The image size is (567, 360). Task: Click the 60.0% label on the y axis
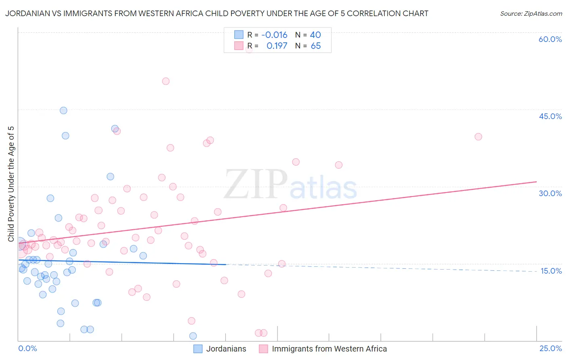(x=550, y=39)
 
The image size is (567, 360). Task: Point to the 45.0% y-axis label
(x=550, y=116)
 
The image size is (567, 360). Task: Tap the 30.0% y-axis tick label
(x=550, y=193)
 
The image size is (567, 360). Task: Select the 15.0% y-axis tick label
(x=551, y=271)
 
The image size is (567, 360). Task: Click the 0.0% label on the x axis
(x=27, y=348)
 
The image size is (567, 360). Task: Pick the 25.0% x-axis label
(x=550, y=348)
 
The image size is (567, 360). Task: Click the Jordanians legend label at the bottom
(x=226, y=349)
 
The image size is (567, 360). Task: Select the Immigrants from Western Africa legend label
(x=329, y=349)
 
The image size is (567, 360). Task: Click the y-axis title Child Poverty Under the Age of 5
(x=11, y=184)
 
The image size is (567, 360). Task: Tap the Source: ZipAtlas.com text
(x=531, y=14)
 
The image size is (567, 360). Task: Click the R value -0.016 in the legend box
(x=274, y=35)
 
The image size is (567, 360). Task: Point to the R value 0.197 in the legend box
(x=277, y=46)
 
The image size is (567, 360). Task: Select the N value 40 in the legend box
(x=315, y=35)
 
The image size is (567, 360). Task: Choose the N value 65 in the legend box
(x=315, y=46)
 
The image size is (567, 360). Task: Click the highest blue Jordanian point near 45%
(x=63, y=111)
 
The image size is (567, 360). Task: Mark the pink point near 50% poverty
(x=165, y=81)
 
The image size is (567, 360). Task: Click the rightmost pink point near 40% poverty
(x=478, y=136)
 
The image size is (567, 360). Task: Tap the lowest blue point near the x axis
(x=193, y=336)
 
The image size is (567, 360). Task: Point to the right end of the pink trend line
(x=536, y=182)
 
